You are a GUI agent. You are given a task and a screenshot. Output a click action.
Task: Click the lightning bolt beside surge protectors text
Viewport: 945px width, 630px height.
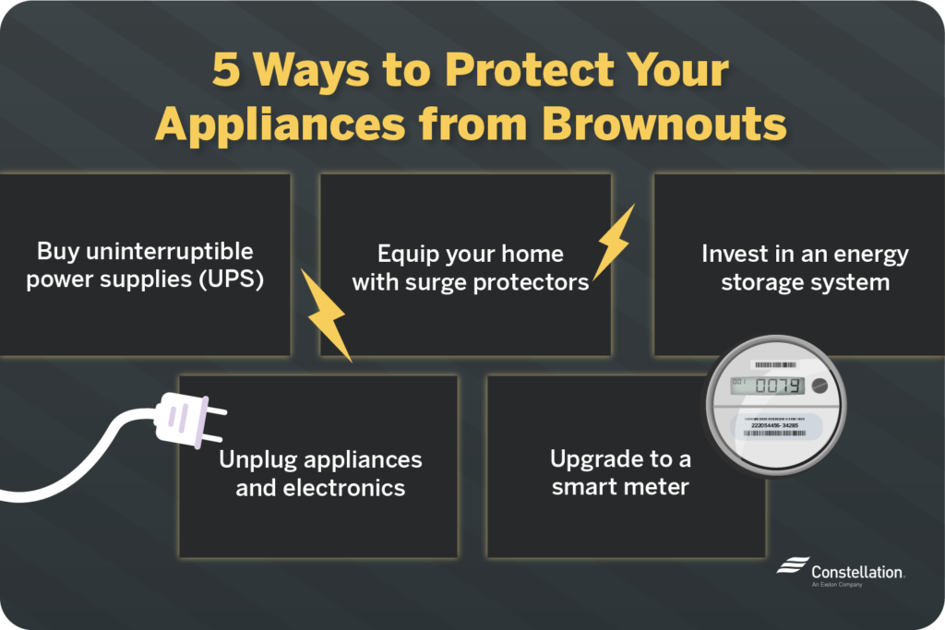[613, 241]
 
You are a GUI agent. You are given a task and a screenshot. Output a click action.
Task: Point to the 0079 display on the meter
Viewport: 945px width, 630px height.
[773, 386]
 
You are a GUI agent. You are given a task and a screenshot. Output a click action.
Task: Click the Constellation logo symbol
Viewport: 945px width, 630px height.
[791, 565]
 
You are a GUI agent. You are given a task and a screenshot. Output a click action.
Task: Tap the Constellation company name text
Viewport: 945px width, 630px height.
[857, 572]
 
